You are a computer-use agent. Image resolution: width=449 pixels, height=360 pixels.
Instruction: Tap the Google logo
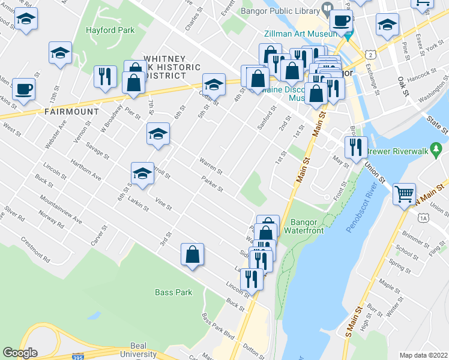[20, 353]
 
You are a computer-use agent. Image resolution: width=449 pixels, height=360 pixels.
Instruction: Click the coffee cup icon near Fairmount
[24, 89]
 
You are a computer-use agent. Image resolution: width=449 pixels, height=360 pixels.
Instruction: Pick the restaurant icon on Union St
[356, 147]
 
